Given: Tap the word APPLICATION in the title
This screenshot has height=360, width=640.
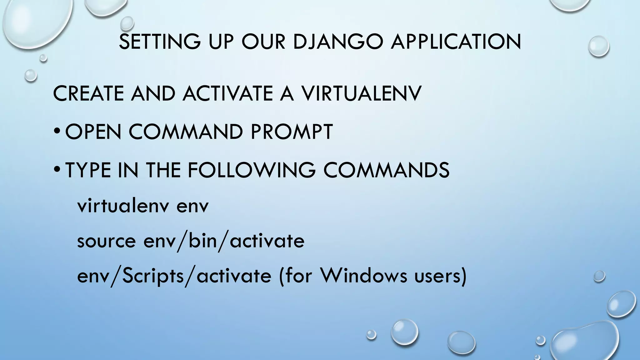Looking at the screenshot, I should click(456, 42).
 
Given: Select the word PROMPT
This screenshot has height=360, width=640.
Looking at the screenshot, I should click(291, 132).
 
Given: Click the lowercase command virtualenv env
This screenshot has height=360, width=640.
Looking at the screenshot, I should click(142, 206).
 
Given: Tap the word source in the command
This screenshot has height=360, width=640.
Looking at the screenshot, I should click(106, 241).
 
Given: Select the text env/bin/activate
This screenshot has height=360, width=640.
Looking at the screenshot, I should click(224, 241).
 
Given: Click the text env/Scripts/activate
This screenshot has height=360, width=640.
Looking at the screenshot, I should click(174, 276).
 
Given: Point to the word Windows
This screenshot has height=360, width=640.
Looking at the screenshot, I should click(363, 276).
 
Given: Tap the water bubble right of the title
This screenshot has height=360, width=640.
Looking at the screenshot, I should click(598, 46).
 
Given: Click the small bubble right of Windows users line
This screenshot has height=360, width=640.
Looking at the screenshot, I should click(599, 277).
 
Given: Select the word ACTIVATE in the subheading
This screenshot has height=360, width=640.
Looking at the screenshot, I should click(227, 93).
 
